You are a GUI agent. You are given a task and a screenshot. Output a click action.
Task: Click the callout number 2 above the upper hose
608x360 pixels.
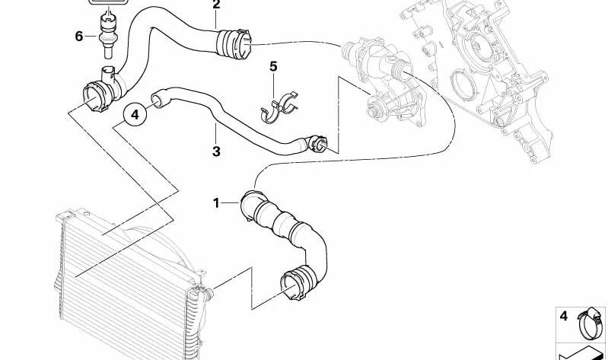tap(216, 5)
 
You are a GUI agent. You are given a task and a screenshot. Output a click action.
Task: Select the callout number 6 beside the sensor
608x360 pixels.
tap(78, 37)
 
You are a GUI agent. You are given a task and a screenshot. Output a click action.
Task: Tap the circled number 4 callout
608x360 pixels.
tap(135, 115)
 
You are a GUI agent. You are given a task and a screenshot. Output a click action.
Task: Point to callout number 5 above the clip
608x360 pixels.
tap(273, 66)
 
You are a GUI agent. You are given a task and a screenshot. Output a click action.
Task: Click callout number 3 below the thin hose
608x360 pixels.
tap(216, 151)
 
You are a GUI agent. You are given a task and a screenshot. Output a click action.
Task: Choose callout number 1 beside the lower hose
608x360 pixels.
tap(216, 203)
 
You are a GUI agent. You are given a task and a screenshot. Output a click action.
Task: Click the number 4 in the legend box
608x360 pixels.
tap(563, 316)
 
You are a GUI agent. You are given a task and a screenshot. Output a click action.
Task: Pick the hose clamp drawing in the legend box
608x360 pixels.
tap(591, 323)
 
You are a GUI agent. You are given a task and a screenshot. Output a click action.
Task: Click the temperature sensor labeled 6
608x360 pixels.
tap(107, 35)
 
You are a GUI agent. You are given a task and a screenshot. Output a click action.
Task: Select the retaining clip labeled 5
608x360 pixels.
tap(278, 107)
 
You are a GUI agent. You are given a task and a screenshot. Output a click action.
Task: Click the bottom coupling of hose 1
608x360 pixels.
tap(297, 283)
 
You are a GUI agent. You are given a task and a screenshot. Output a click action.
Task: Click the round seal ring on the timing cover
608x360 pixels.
tap(460, 84)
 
